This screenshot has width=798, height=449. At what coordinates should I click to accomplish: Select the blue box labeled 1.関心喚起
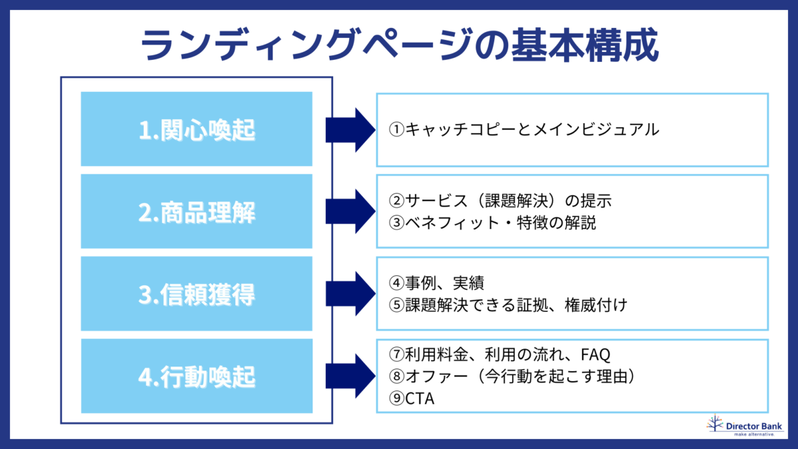click(x=196, y=129)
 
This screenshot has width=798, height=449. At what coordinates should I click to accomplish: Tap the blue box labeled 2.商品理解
click(x=196, y=212)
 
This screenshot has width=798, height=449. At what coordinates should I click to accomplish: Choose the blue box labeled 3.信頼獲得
click(x=196, y=294)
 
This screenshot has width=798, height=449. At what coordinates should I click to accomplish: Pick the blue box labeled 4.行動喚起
click(x=196, y=376)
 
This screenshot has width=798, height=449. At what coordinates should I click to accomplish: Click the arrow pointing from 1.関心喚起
click(x=350, y=129)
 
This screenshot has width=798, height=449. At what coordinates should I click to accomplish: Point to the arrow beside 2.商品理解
click(x=350, y=212)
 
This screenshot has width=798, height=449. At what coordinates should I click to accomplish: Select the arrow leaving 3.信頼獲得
click(x=350, y=294)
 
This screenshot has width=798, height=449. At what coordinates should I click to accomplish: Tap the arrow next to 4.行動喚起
click(x=350, y=376)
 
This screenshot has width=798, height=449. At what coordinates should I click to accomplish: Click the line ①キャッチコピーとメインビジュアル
click(x=524, y=129)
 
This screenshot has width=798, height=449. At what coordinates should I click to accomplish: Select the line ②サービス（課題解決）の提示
click(x=499, y=200)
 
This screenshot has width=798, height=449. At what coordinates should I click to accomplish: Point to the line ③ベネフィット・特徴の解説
click(x=492, y=223)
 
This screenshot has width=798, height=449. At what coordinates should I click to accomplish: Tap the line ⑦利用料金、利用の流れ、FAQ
click(x=499, y=354)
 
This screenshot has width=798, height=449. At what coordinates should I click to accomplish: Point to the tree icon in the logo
click(x=715, y=424)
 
